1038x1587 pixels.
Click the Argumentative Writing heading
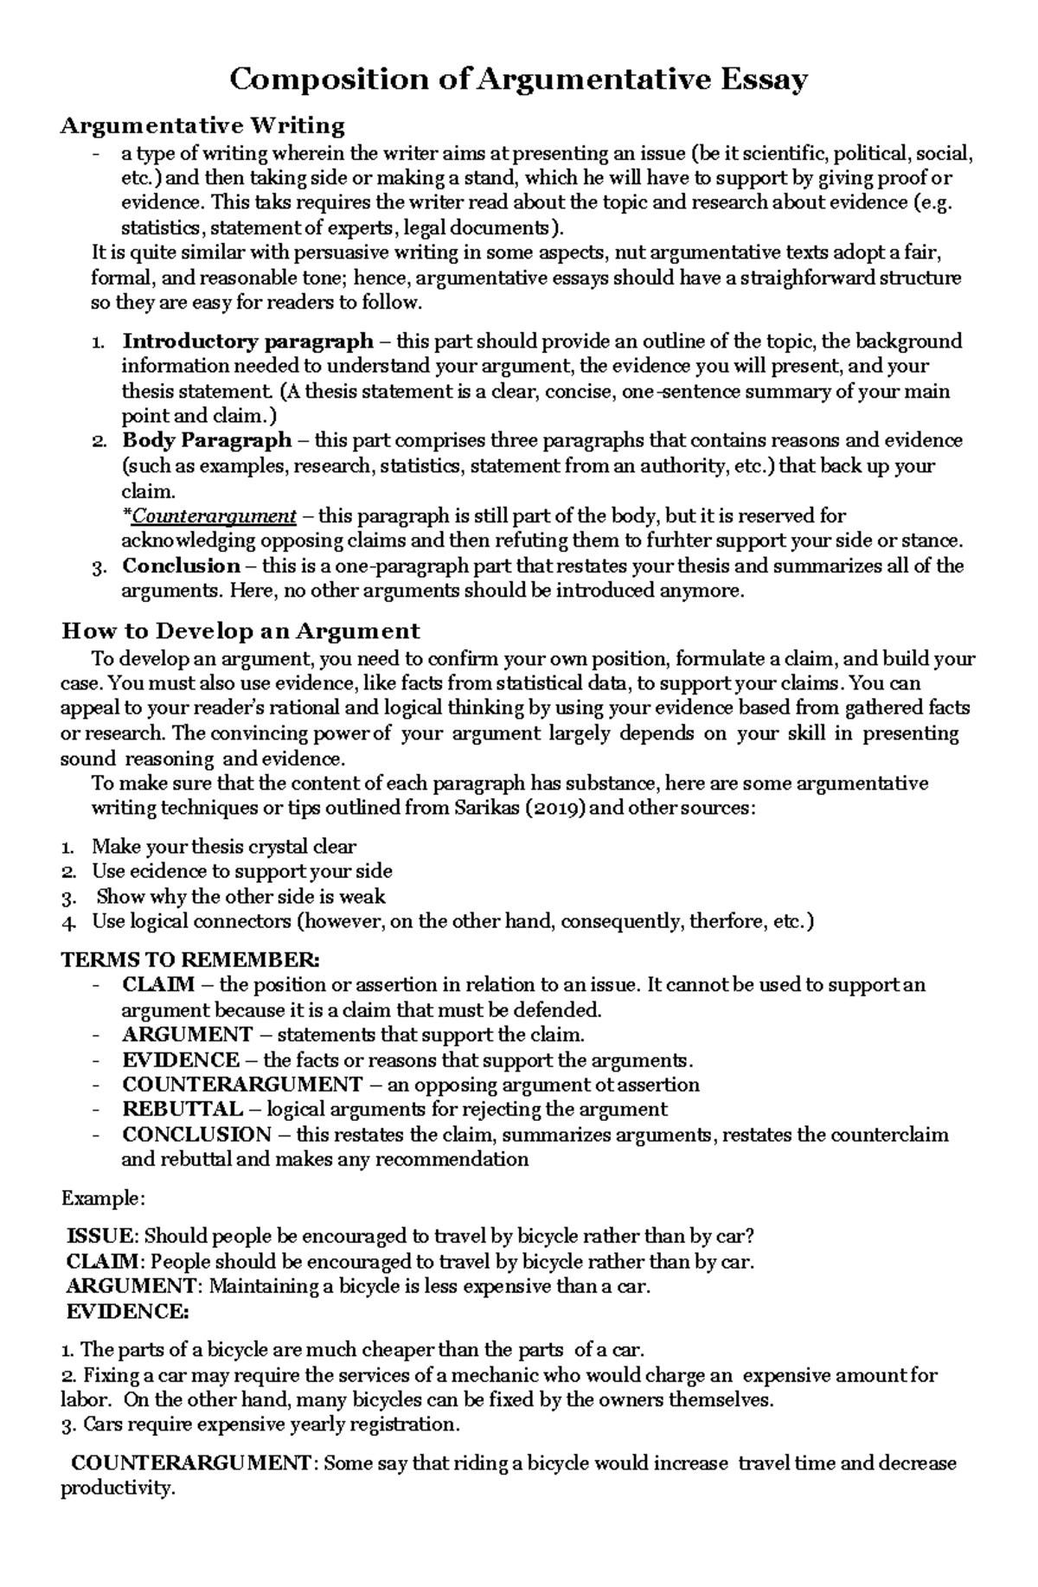pyautogui.click(x=202, y=126)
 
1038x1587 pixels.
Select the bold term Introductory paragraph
pyautogui.click(x=247, y=342)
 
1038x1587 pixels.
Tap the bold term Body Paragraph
pyautogui.click(x=207, y=440)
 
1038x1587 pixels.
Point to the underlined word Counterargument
pyautogui.click(x=215, y=516)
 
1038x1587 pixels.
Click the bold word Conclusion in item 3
pyautogui.click(x=181, y=566)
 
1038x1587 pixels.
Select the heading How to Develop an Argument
pyautogui.click(x=240, y=630)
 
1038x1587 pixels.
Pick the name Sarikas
pyautogui.click(x=484, y=809)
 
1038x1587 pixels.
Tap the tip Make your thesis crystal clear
pyautogui.click(x=224, y=847)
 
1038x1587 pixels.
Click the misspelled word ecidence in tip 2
pyautogui.click(x=169, y=872)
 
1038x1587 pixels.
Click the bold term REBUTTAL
pyautogui.click(x=182, y=1110)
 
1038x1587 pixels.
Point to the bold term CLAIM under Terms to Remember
pyautogui.click(x=158, y=985)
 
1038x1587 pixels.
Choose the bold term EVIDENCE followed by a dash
pyautogui.click(x=181, y=1060)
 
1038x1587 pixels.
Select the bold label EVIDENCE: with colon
pyautogui.click(x=127, y=1311)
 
